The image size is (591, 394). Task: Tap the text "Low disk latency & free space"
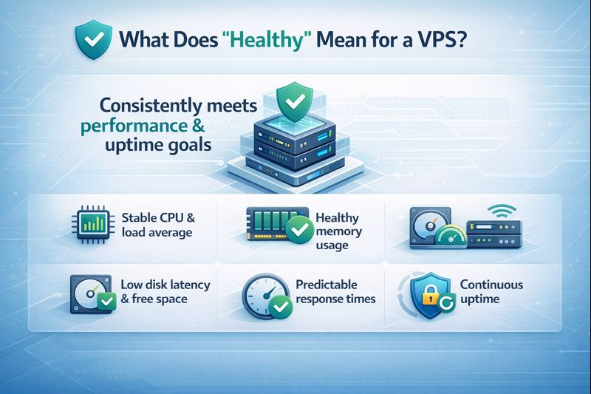pyautogui.click(x=164, y=292)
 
